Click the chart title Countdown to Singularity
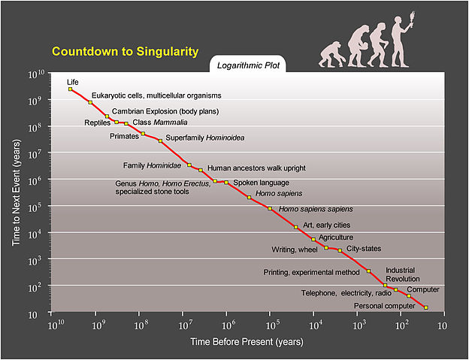(125, 52)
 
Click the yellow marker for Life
(71, 89)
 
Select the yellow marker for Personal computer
(426, 307)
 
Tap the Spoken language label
(261, 182)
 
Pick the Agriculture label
(336, 237)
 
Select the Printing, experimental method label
(311, 271)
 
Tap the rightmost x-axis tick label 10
(441, 325)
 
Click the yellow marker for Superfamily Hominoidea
(160, 141)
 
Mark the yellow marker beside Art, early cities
(296, 226)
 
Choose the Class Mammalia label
(160, 122)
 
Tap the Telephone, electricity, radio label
(346, 293)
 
